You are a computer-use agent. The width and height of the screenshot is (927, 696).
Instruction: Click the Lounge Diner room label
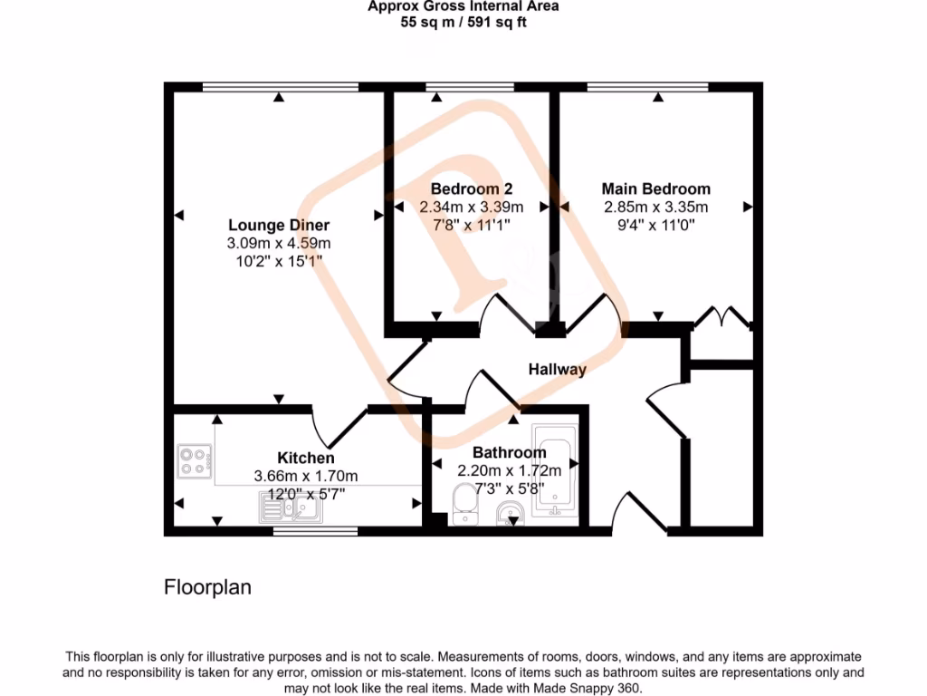(278, 225)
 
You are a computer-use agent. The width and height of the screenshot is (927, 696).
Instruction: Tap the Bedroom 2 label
(471, 188)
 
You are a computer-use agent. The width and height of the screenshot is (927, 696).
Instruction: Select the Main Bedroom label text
(655, 188)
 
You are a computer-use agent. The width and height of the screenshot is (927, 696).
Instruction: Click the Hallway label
(558, 369)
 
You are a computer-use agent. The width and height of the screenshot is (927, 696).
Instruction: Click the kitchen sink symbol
(291, 512)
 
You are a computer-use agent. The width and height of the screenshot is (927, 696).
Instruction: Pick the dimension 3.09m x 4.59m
(278, 243)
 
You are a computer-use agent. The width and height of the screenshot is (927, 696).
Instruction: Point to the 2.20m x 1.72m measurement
(509, 470)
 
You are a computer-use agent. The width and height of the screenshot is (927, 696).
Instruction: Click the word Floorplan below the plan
(207, 587)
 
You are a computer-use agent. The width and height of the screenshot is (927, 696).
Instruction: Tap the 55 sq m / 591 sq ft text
(463, 23)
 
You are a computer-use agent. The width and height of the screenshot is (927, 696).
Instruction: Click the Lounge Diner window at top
(279, 87)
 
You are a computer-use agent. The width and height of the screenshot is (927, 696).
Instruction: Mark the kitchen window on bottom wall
(315, 532)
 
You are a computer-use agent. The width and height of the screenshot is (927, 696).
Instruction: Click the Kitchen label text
(305, 459)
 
